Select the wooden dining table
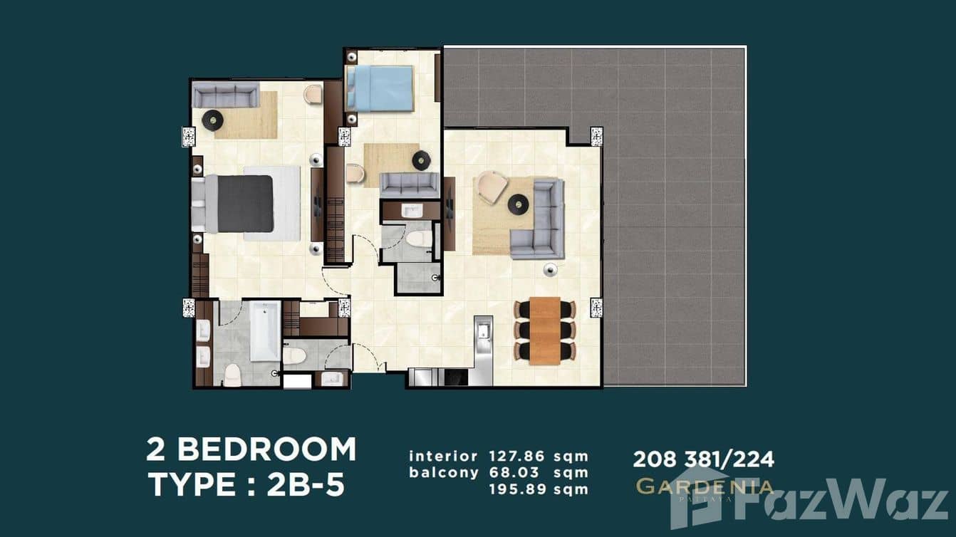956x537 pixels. coord(545,331)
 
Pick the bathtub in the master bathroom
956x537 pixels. coord(264,331)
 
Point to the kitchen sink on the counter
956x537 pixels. coord(484,330)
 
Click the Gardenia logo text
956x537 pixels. coord(704,487)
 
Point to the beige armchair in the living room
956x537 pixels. coord(492,187)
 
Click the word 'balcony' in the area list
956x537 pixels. coord(442,472)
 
